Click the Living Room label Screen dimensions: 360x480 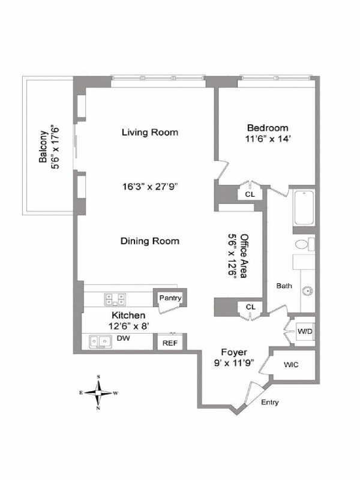(x=150, y=132)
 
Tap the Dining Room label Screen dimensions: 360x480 (x=150, y=241)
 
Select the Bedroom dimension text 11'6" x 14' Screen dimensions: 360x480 (x=268, y=139)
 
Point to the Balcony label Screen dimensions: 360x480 (x=43, y=147)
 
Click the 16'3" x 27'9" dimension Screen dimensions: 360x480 (x=150, y=187)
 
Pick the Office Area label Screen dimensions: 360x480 (x=244, y=256)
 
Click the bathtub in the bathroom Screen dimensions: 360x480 (x=304, y=208)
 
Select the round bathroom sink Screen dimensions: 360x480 (x=307, y=291)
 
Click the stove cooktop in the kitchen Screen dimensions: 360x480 (x=115, y=299)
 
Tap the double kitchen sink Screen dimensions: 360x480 (x=100, y=341)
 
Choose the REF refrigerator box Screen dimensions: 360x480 (x=170, y=342)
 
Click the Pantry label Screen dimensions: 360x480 (x=170, y=298)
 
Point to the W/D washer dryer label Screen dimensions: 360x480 (x=305, y=331)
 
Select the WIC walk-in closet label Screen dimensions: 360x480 (x=291, y=365)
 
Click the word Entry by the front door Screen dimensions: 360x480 (x=269, y=402)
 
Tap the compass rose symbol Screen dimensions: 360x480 (x=98, y=392)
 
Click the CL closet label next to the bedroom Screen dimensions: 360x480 (x=250, y=194)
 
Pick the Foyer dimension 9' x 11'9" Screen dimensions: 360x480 (x=234, y=363)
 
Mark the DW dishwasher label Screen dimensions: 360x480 (x=124, y=338)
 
